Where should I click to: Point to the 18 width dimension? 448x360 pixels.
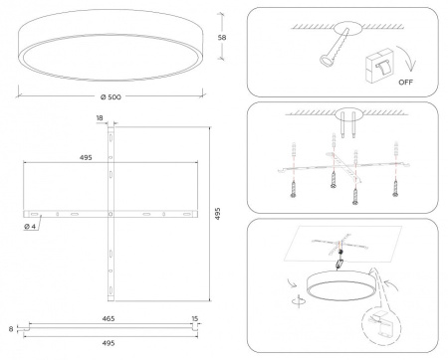101,117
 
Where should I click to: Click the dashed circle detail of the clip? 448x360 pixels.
386,321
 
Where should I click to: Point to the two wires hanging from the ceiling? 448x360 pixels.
346,128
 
